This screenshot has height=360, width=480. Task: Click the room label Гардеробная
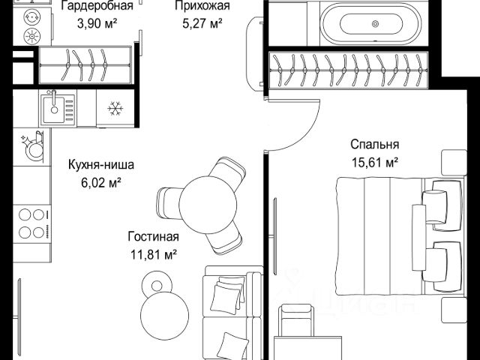point(97,5)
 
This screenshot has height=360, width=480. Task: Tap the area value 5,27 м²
point(202,23)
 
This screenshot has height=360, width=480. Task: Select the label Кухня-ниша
point(101,165)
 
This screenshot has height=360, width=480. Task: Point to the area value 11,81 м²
point(154,254)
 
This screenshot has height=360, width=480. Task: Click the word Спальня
point(375,144)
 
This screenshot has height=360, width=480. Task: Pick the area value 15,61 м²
point(375,163)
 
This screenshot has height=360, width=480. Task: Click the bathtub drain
point(375,24)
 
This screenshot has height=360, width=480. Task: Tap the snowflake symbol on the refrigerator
point(115,108)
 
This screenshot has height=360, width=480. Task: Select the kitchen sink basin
point(54,109)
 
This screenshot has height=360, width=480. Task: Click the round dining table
point(208,205)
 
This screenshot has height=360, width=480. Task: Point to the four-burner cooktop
point(31,223)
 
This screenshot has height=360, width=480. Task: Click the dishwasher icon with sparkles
point(32,147)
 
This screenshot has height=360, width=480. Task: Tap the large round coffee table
point(165,316)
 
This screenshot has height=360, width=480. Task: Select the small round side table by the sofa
point(157,286)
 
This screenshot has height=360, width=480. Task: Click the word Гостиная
point(153,237)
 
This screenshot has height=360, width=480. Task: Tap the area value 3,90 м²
point(97,23)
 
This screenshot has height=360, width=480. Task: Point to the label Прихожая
point(202,5)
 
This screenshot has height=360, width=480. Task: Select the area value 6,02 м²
point(101,183)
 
